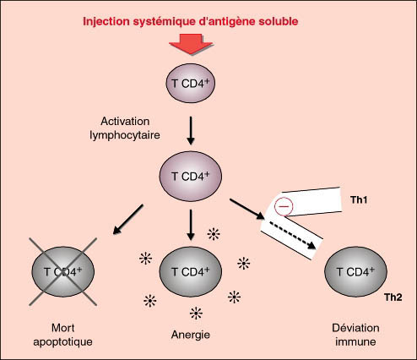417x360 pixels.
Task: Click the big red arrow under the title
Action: pos(191,44)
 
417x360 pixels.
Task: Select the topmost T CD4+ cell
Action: pos(191,83)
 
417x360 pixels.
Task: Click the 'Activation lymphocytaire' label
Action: pos(125,128)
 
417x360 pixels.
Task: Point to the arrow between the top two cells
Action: pos(191,130)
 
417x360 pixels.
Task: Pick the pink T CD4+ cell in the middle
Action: pos(191,177)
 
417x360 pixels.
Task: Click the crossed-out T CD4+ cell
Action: pos(63,271)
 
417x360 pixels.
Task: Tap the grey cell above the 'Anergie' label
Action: pos(191,271)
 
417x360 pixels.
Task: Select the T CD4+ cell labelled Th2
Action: pos(355,271)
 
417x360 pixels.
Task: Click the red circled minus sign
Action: pos(284,206)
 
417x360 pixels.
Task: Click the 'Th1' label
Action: pos(359,200)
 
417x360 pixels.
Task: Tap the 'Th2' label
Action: pos(393,297)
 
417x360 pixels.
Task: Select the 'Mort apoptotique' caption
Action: pos(62,335)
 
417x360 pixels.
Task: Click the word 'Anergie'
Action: pos(191,335)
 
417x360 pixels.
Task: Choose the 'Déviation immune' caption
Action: pos(355,335)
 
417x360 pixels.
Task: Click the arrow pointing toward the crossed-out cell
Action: pos(128,220)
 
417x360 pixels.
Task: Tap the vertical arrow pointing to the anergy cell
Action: pos(191,225)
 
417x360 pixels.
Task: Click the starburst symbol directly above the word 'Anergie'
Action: pos(196,314)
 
